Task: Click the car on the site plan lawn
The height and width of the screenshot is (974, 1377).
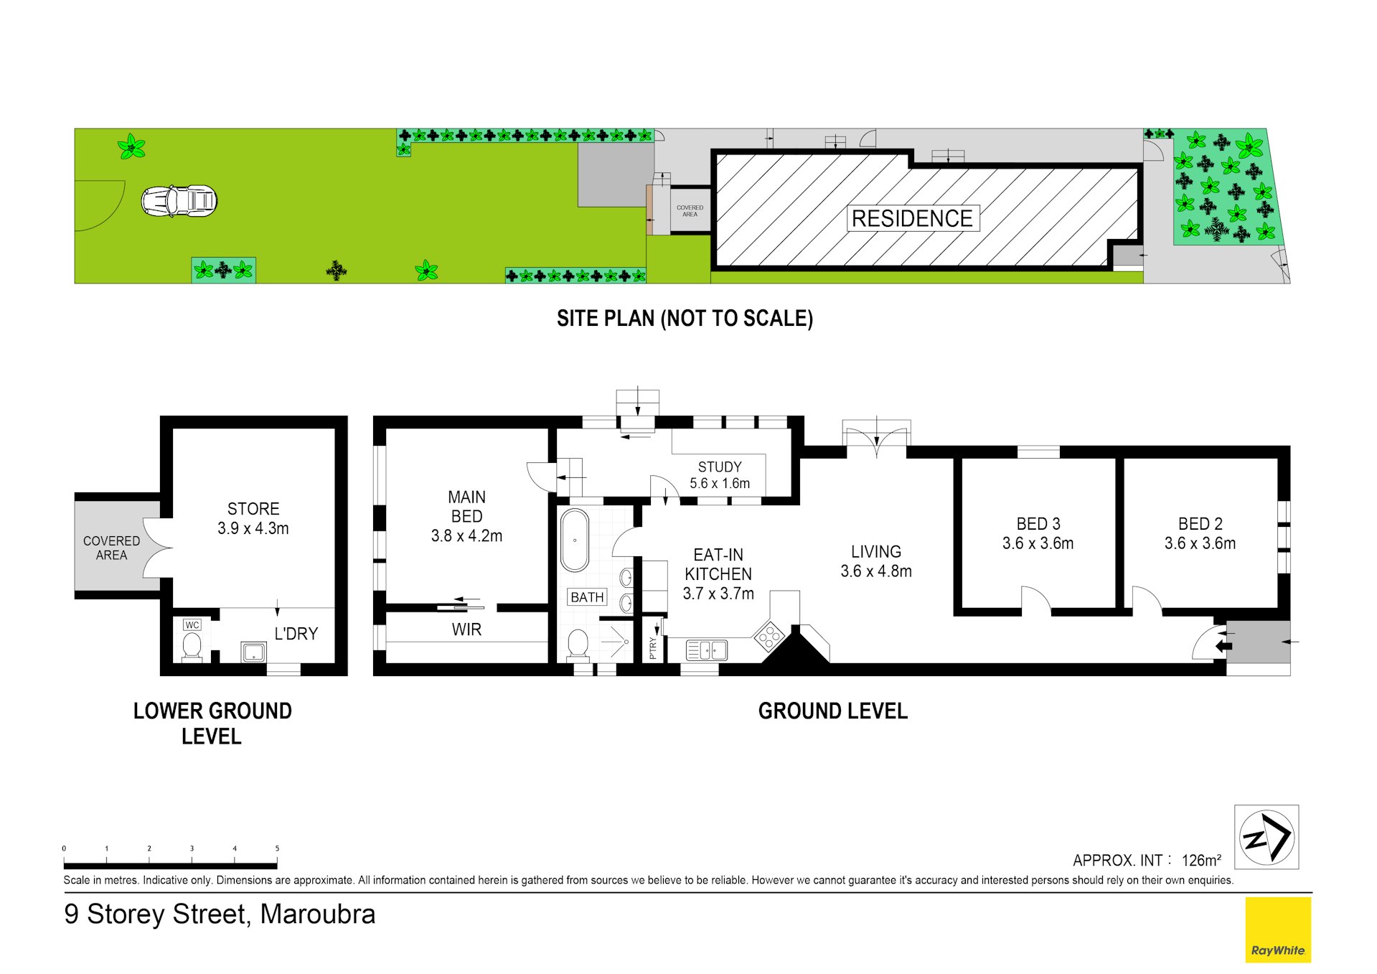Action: click(x=179, y=201)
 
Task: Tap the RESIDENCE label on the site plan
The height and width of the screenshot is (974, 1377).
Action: click(x=911, y=218)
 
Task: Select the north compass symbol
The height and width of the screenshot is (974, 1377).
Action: click(x=1266, y=837)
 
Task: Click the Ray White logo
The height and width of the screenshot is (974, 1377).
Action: click(x=1277, y=930)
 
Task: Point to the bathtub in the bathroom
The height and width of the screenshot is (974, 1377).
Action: click(x=574, y=540)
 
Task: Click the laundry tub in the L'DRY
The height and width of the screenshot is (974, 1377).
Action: click(x=253, y=652)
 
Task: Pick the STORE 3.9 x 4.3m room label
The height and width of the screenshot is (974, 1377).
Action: click(x=253, y=518)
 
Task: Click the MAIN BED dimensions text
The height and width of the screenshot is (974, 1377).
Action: click(x=466, y=536)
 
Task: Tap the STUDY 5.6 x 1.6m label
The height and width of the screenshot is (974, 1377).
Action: click(x=720, y=475)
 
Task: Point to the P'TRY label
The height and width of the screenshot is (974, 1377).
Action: click(x=652, y=647)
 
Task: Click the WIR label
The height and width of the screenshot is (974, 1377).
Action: click(x=466, y=629)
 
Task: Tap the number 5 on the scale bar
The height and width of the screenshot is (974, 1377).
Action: click(x=277, y=848)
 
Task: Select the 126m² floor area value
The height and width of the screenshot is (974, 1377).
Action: click(x=1201, y=860)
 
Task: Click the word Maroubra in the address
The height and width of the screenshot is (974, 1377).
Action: click(x=317, y=914)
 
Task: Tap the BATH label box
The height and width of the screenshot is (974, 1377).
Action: click(x=587, y=597)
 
